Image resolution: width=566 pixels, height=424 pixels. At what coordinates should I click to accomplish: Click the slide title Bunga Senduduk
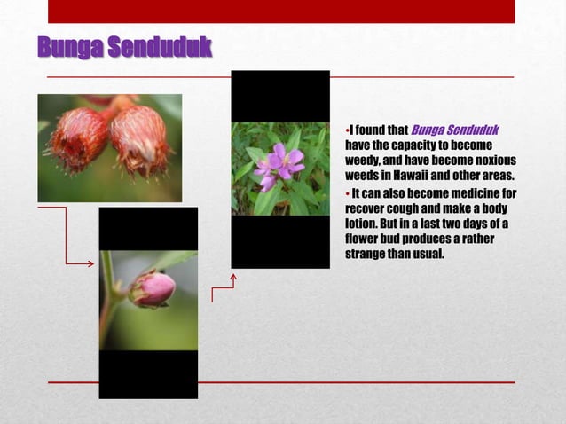pyautogui.click(x=124, y=47)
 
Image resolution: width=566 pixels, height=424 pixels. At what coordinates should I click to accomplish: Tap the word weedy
pyautogui.click(x=364, y=161)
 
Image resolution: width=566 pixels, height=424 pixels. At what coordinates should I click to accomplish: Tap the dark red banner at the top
pyautogui.click(x=280, y=11)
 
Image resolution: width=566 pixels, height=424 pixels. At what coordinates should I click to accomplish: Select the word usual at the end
pyautogui.click(x=424, y=255)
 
